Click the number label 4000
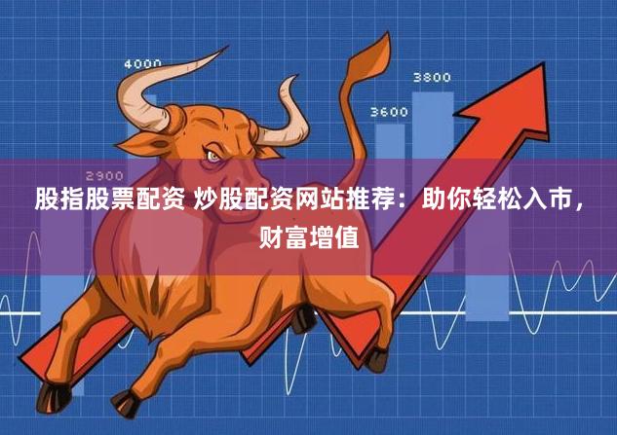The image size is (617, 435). pyautogui.click(x=143, y=63)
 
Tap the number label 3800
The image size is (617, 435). pyautogui.click(x=432, y=78)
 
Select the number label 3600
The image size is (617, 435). pyautogui.click(x=389, y=112)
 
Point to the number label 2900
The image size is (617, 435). pyautogui.click(x=104, y=175)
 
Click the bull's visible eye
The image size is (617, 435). pyautogui.click(x=212, y=156)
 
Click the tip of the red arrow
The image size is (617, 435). pyautogui.click(x=544, y=63)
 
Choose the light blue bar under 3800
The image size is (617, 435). pyautogui.click(x=433, y=181)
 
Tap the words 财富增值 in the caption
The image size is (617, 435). pyautogui.click(x=309, y=236)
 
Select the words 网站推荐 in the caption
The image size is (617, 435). pyautogui.click(x=334, y=199)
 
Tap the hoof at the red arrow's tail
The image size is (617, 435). pyautogui.click(x=53, y=398)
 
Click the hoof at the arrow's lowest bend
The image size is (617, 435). pyautogui.click(x=377, y=359)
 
